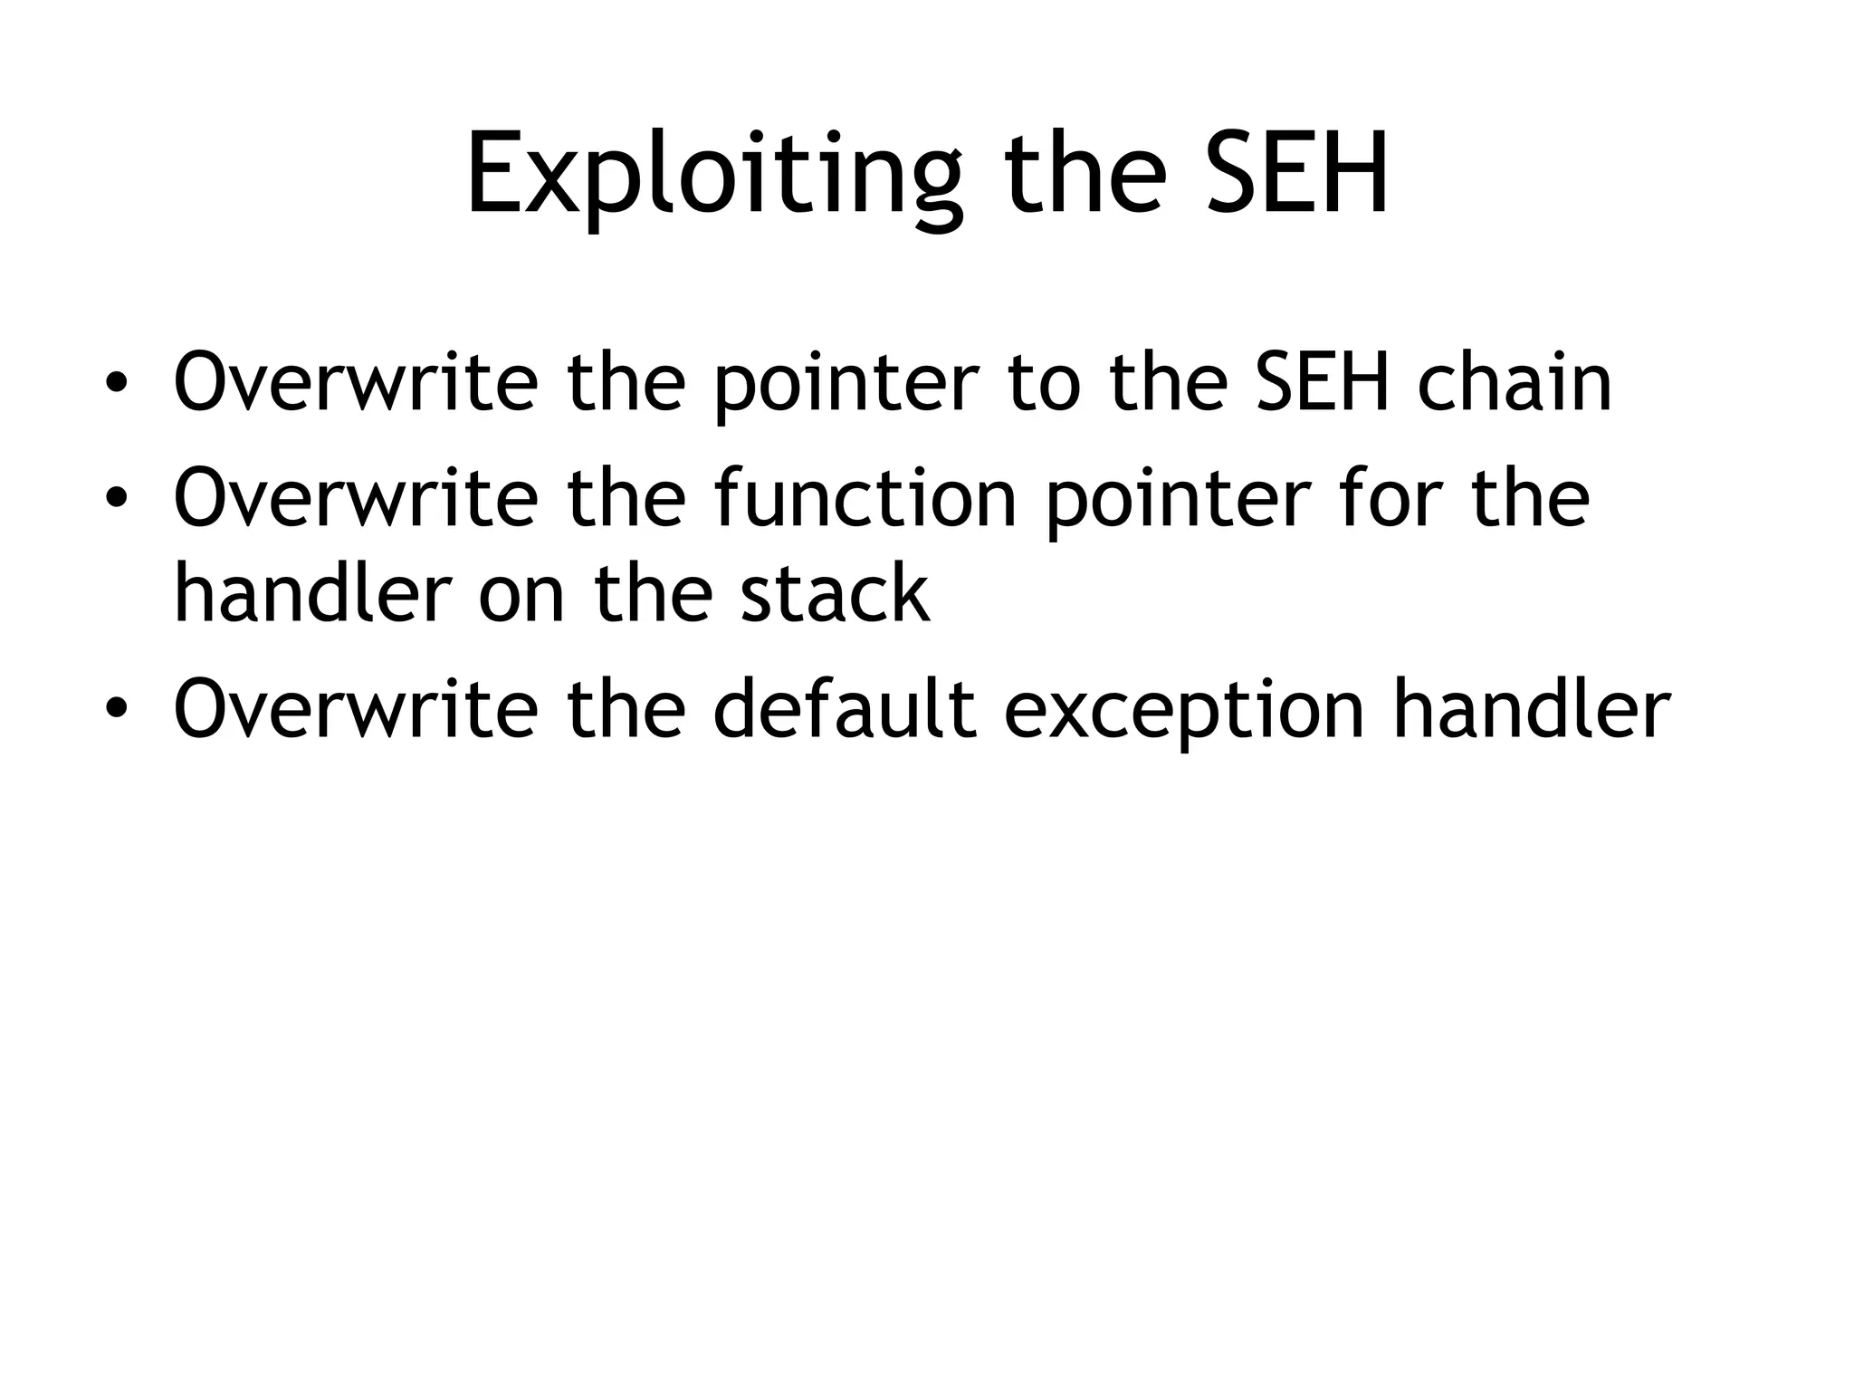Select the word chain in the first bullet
(1514, 383)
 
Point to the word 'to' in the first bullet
(1044, 383)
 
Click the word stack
(835, 594)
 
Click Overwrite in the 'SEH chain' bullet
(356, 383)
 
